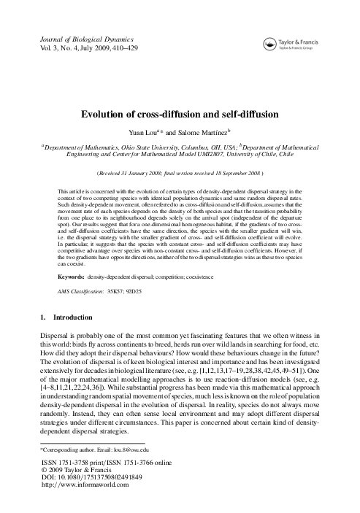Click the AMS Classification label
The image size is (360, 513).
(80, 290)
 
